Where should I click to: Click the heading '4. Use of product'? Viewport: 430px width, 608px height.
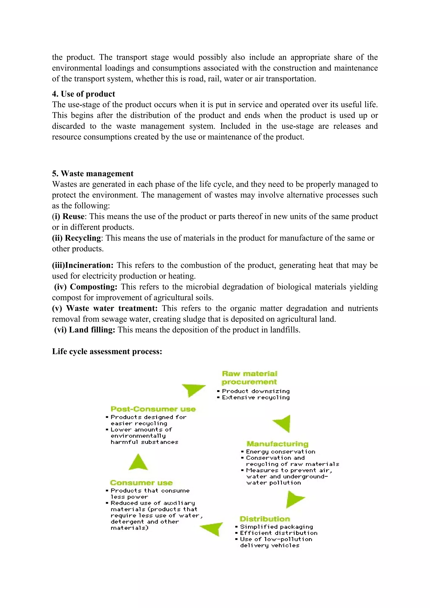pyautogui.click(x=83, y=94)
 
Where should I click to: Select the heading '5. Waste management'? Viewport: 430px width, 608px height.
pyautogui.click(x=93, y=173)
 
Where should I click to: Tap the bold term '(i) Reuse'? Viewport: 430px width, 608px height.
pyautogui.click(x=68, y=216)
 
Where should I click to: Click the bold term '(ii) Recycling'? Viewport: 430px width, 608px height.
pyautogui.click(x=76, y=238)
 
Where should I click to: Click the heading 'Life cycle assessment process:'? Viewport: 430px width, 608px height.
pyautogui.click(x=107, y=351)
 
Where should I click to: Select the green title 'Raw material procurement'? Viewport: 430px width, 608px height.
pyautogui.click(x=249, y=378)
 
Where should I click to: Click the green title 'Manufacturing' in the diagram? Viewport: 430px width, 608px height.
pyautogui.click(x=278, y=444)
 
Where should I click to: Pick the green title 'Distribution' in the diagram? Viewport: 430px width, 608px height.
pyautogui.click(x=265, y=519)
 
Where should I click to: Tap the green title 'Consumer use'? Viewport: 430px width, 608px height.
pyautogui.click(x=141, y=483)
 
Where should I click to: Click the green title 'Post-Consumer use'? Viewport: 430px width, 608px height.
pyautogui.click(x=153, y=409)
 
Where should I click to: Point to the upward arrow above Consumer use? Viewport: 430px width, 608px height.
pyautogui.click(x=138, y=462)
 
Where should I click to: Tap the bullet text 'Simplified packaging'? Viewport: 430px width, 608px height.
pyautogui.click(x=277, y=527)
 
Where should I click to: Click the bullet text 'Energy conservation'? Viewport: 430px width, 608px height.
pyautogui.click(x=280, y=452)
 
